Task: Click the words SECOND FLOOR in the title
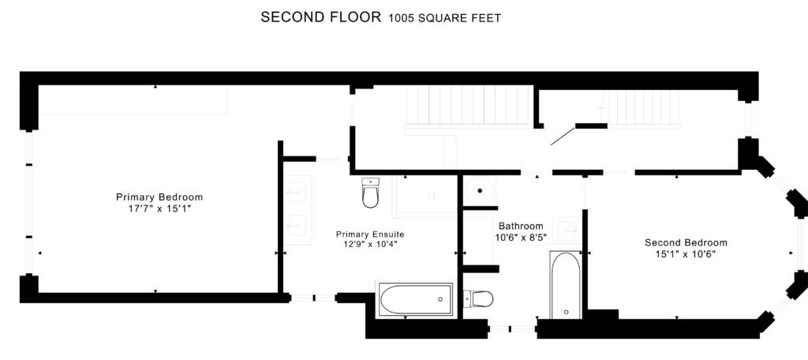[x=320, y=17]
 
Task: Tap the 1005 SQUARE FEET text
[x=445, y=19]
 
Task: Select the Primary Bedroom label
[x=159, y=197]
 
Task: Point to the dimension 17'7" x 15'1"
[x=159, y=209]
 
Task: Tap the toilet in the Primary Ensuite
[x=371, y=193]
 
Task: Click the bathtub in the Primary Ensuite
[x=416, y=299]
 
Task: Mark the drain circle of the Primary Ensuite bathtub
[x=440, y=299]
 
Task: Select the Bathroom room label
[x=521, y=226]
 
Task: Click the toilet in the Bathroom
[x=478, y=298]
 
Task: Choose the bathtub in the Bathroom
[x=566, y=285]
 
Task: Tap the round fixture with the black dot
[x=480, y=190]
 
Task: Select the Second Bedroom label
[x=686, y=242]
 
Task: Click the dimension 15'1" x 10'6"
[x=686, y=254]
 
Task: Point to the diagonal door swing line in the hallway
[x=563, y=136]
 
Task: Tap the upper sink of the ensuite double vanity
[x=297, y=193]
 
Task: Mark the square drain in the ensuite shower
[x=432, y=197]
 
